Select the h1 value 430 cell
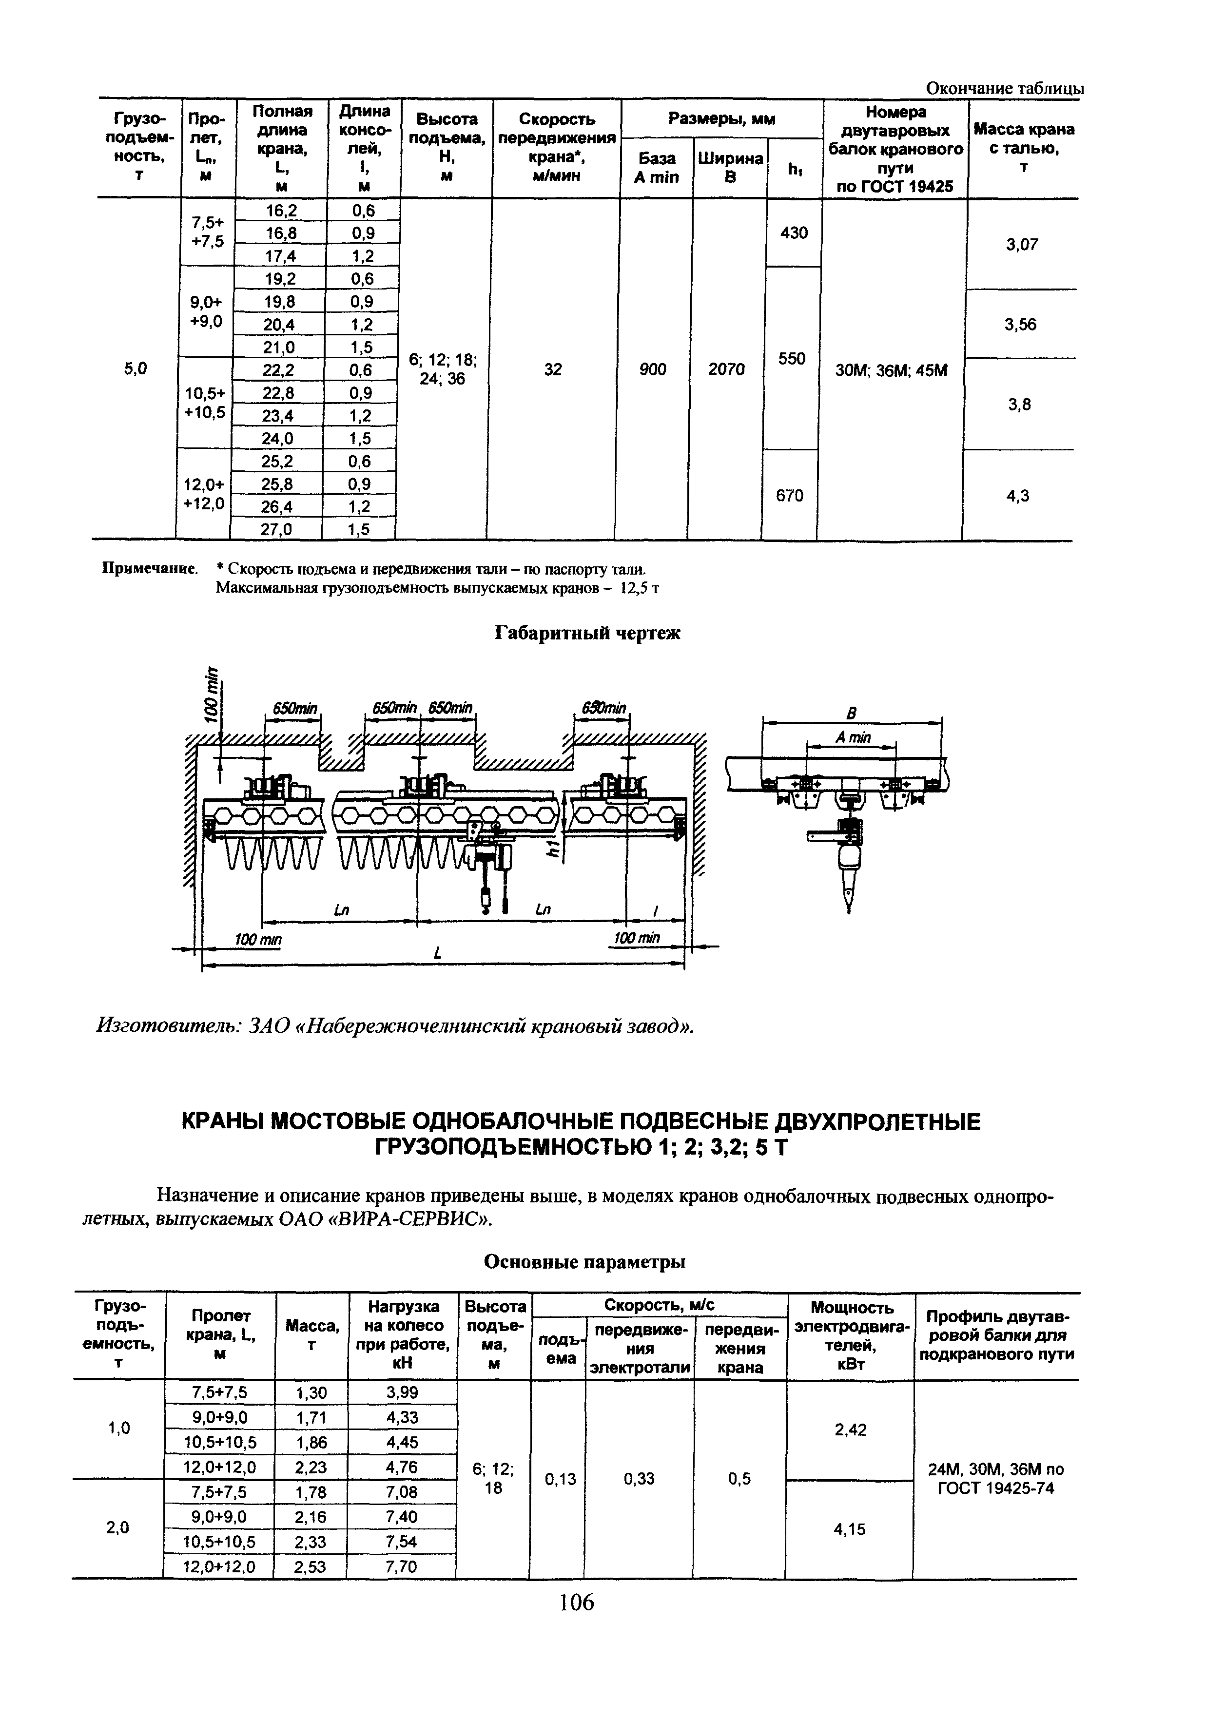click(794, 233)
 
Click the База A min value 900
click(653, 369)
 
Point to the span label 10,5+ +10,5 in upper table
click(205, 403)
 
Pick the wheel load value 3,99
click(402, 1392)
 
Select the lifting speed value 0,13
click(560, 1480)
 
